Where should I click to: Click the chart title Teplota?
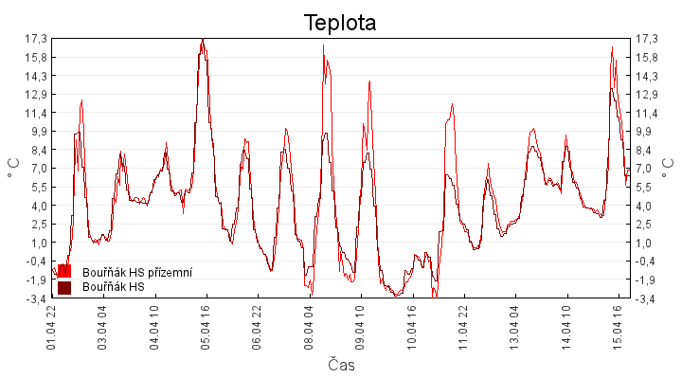340,23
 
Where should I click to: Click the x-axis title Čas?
341,365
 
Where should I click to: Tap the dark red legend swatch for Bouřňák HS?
64,287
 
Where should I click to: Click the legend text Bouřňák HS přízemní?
137,273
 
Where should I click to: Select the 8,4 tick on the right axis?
648,150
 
